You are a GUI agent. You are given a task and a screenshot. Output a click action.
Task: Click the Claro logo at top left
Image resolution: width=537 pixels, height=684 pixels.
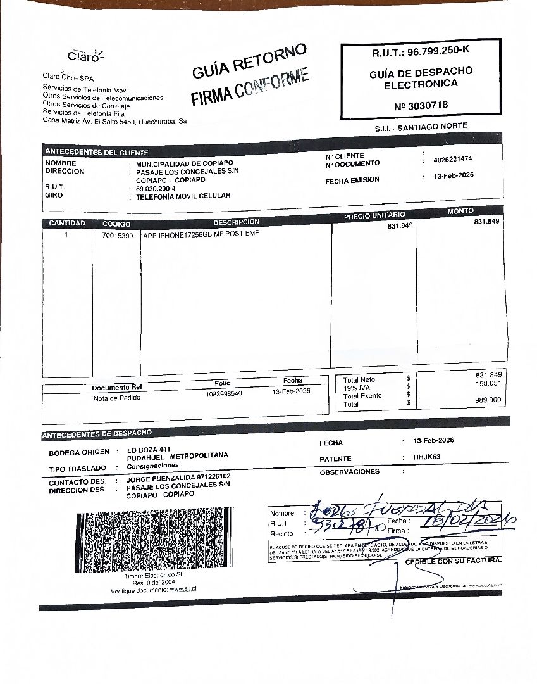[x=85, y=56]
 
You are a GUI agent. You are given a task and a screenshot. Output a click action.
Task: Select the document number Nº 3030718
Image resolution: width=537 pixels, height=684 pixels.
[x=421, y=105]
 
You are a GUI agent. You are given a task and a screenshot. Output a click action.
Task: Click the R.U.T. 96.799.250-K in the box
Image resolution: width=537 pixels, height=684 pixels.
[x=421, y=51]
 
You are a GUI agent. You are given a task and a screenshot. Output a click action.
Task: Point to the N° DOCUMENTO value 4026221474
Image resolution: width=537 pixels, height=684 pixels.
[x=453, y=159]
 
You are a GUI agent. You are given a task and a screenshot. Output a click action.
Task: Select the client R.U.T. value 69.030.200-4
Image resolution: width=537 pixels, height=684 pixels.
[x=156, y=189]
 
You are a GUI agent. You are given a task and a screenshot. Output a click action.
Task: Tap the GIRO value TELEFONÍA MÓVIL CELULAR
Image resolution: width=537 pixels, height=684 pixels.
[x=183, y=196]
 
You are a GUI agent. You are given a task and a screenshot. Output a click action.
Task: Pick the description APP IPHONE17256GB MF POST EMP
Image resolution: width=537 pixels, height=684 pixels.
[x=202, y=234]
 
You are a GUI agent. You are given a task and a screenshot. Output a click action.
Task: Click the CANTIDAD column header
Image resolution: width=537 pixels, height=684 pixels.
[x=66, y=224]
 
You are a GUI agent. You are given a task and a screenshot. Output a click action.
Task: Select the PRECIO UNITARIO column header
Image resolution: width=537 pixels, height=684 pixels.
[x=374, y=217]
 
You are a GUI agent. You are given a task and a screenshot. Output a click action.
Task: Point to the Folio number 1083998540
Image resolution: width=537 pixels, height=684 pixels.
[x=224, y=393]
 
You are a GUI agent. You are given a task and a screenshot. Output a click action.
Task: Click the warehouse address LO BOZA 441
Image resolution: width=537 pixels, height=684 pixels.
[x=149, y=448]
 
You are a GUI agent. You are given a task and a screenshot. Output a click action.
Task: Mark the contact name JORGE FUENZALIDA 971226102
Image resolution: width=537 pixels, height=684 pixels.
[x=178, y=477]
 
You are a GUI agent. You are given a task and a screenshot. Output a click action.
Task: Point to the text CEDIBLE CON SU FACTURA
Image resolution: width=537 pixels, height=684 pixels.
[x=453, y=561]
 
